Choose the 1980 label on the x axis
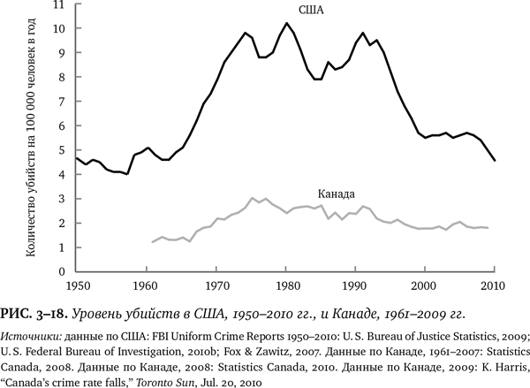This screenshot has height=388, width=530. [286, 285]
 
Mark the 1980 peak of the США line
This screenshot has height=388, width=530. [286, 23]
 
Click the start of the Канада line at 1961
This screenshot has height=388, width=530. [152, 242]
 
